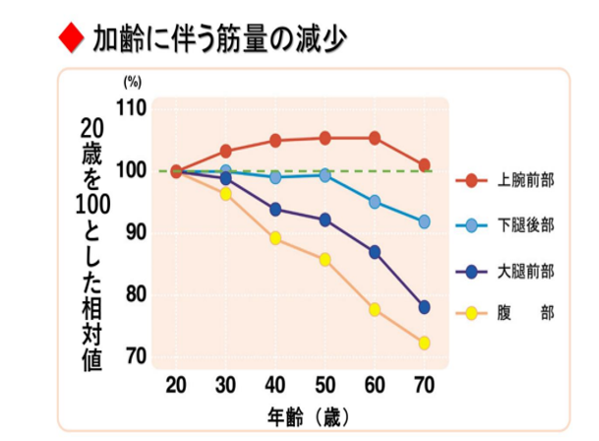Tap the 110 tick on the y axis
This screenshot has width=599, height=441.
click(x=131, y=108)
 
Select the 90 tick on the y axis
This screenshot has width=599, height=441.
click(x=135, y=232)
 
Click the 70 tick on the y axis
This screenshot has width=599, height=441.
click(x=135, y=355)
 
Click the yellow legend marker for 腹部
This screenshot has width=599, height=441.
click(x=471, y=313)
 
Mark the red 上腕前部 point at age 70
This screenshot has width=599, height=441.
click(x=424, y=165)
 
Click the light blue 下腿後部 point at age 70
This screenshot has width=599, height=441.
click(x=424, y=221)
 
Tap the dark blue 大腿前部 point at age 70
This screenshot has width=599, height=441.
click(x=424, y=307)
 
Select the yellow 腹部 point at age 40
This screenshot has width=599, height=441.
click(x=275, y=238)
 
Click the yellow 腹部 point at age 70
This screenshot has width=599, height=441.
click(x=424, y=344)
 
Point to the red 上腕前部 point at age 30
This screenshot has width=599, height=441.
click(x=225, y=152)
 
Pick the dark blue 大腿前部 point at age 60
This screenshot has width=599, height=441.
click(x=375, y=252)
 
